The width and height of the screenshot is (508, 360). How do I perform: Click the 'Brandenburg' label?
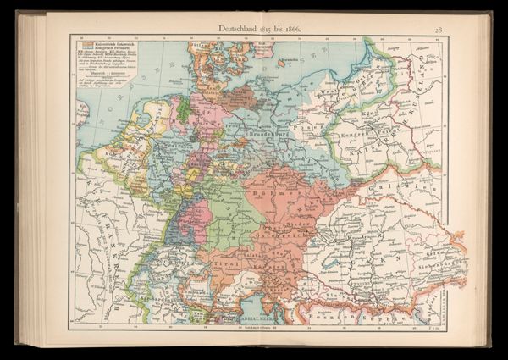pyautogui.click(x=269, y=135)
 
